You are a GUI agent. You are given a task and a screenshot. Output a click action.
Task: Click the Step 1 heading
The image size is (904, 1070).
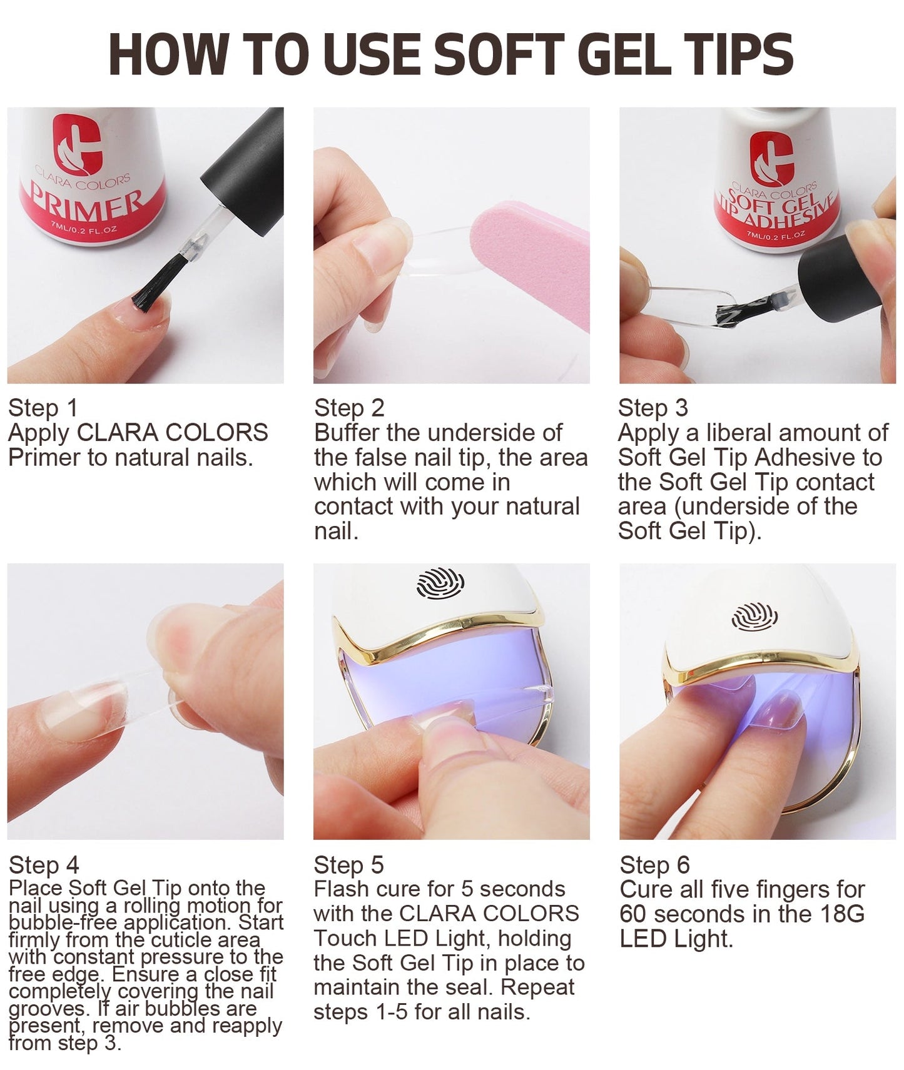43,408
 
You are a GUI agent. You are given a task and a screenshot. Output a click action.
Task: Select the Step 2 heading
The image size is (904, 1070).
349,408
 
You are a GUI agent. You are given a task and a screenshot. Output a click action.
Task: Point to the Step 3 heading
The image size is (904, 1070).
653,408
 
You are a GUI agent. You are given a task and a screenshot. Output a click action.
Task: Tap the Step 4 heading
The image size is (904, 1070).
44,865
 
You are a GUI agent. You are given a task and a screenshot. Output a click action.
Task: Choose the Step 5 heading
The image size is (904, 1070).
348,865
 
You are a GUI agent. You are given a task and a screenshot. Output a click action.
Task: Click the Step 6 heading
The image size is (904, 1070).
654,865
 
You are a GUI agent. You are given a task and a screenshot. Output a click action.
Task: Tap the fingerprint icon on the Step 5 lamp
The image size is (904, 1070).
440,582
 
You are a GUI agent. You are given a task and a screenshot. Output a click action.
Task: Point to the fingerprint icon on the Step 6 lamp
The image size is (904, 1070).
754,616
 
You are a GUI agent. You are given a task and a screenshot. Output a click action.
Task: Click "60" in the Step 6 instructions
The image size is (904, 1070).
633,914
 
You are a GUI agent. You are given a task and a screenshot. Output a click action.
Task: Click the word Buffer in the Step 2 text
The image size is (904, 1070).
347,433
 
